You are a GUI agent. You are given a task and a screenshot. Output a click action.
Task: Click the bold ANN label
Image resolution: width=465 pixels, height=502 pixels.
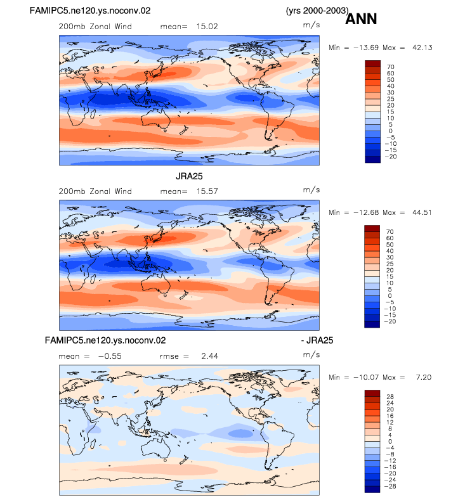(361, 19)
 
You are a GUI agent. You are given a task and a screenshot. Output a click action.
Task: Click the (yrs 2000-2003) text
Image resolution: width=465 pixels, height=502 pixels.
(317, 11)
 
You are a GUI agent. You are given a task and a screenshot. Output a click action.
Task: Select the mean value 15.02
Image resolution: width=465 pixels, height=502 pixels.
(207, 27)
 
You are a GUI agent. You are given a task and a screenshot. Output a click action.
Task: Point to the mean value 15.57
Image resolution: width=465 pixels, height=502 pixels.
(207, 191)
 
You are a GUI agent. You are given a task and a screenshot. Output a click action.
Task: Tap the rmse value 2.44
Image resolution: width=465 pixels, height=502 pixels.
(209, 356)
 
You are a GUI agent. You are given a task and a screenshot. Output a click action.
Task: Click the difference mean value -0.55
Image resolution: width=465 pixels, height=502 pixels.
(110, 356)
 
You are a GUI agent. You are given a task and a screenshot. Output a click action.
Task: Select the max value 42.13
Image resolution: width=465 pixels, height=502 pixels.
(422, 48)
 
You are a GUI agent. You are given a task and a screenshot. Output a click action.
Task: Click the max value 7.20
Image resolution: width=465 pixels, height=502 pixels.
(424, 378)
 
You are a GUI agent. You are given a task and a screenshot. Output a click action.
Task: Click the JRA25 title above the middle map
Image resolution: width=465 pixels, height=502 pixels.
(189, 176)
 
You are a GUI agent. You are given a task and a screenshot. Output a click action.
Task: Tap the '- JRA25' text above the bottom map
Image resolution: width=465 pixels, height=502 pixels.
(317, 340)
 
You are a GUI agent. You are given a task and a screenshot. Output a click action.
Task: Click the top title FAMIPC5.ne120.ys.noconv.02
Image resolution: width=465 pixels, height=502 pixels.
(89, 11)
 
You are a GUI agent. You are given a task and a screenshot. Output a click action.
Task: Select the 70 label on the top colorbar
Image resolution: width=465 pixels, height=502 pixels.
(390, 67)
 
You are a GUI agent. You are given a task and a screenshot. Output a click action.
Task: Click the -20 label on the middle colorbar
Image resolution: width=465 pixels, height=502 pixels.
(390, 321)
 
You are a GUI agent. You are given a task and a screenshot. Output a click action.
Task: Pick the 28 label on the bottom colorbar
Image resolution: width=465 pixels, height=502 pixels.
(390, 397)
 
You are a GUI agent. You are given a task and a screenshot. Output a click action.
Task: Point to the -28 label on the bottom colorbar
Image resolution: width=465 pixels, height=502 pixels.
(390, 486)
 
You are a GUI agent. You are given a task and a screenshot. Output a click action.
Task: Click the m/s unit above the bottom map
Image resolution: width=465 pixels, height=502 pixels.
(311, 355)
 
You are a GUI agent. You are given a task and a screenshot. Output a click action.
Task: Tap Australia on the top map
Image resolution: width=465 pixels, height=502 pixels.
(155, 118)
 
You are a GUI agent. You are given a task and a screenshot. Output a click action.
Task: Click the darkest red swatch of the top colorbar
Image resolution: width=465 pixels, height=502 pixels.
(373, 63)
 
